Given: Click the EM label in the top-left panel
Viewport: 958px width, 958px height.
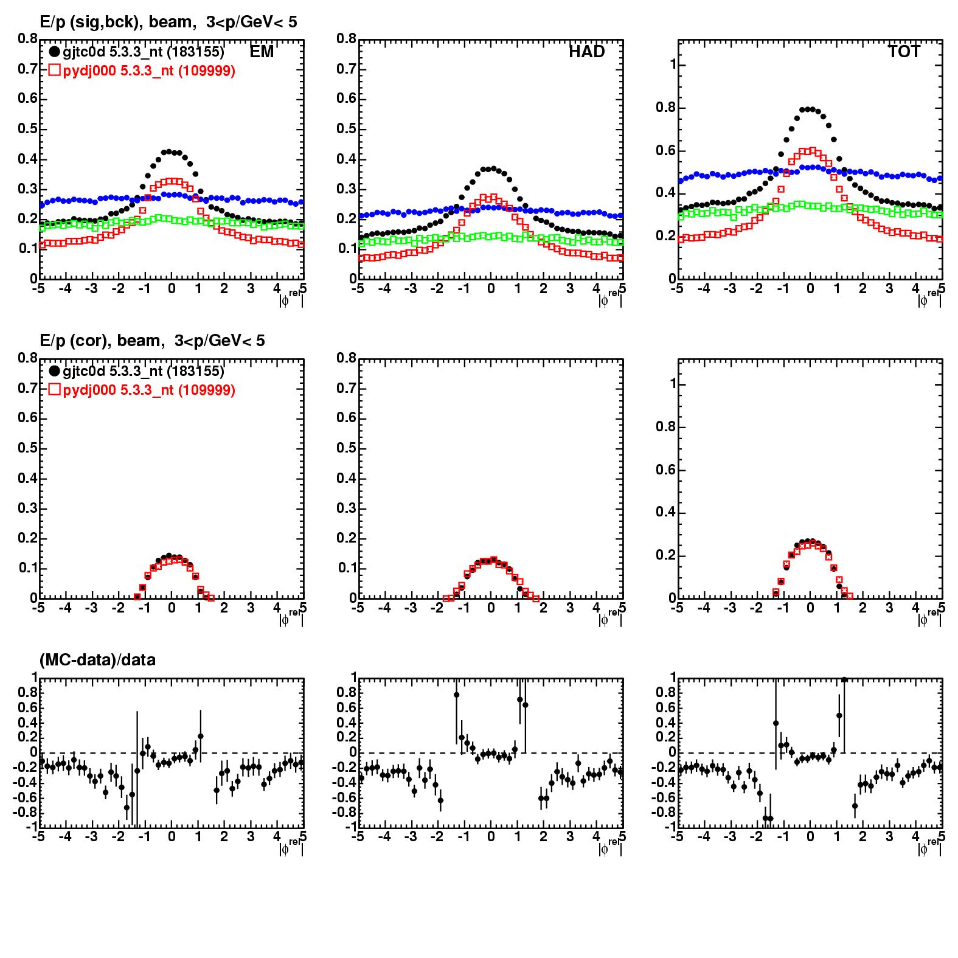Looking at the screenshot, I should click(262, 52).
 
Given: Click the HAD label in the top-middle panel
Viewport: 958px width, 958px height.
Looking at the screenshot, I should click(586, 52).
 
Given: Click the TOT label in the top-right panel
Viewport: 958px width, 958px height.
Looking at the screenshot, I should click(904, 52).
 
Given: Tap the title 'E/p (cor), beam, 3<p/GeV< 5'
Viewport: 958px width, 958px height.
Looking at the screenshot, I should click(152, 341).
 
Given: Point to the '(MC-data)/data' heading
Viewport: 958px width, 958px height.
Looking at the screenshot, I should click(97, 659).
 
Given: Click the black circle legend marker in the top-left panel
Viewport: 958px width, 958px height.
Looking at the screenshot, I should click(54, 52).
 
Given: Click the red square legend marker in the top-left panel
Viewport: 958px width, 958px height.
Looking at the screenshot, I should click(54, 71).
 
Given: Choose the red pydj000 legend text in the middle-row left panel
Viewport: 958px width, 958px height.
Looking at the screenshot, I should click(149, 390).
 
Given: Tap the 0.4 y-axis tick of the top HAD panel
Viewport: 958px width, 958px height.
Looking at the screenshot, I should click(346, 159).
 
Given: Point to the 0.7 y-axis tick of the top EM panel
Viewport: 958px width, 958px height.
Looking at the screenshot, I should click(27, 69).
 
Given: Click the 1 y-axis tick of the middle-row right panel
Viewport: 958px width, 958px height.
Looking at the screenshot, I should click(672, 384).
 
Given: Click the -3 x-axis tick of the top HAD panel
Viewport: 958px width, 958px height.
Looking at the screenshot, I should click(411, 288).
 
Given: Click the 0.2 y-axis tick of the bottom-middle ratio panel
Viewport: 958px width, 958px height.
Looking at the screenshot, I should click(346, 737).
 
